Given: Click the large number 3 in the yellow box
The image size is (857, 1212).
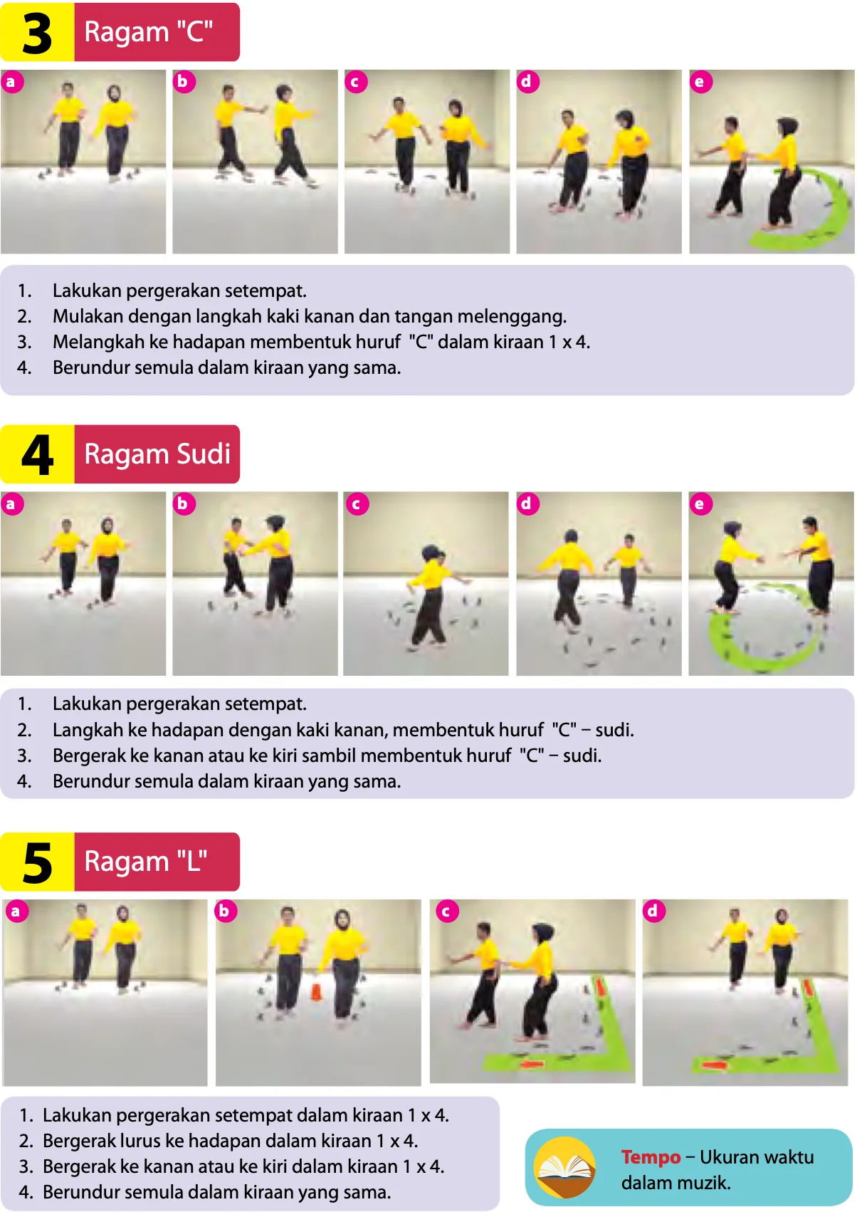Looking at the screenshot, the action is pos(37,33).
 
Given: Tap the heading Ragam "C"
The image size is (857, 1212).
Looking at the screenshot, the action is pos(149,32).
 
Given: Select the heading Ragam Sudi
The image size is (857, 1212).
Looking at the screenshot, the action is pos(157,454).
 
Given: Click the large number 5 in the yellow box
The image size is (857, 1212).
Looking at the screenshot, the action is pos(37,863).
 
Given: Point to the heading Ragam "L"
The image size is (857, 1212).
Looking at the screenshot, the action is pos(146,862).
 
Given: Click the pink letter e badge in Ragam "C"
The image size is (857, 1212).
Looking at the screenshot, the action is pos(700,82).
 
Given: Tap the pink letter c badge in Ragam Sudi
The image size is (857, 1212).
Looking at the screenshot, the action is pos(357,503).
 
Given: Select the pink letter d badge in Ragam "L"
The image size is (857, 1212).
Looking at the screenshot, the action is pos(653,911).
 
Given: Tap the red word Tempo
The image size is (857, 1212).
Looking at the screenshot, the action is pos(651,1156).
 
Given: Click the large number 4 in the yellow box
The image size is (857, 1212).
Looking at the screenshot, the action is pos(37,454).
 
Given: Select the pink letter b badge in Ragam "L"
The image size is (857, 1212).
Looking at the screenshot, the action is pos(226,911).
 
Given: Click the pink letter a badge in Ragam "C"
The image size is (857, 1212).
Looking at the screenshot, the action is pos(12,82).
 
